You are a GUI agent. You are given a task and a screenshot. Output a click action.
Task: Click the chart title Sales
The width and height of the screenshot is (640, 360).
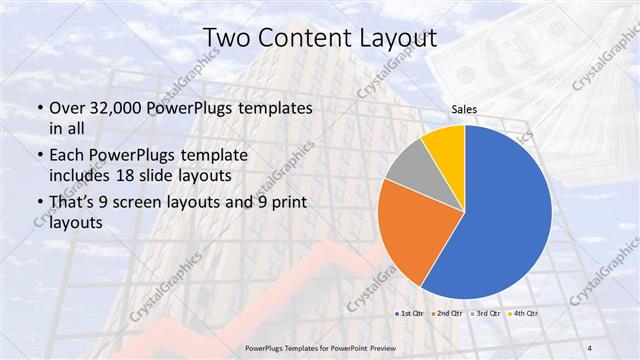pos(463,110)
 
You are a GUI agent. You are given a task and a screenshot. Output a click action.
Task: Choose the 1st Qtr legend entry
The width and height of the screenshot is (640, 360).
pos(411,315)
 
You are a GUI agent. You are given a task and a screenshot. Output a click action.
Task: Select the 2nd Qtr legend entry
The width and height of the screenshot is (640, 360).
pos(446,315)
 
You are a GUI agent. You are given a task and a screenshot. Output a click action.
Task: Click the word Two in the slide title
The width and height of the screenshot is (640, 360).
pos(226,37)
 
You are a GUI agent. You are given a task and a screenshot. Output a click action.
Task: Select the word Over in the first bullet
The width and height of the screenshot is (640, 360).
pos(65,108)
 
